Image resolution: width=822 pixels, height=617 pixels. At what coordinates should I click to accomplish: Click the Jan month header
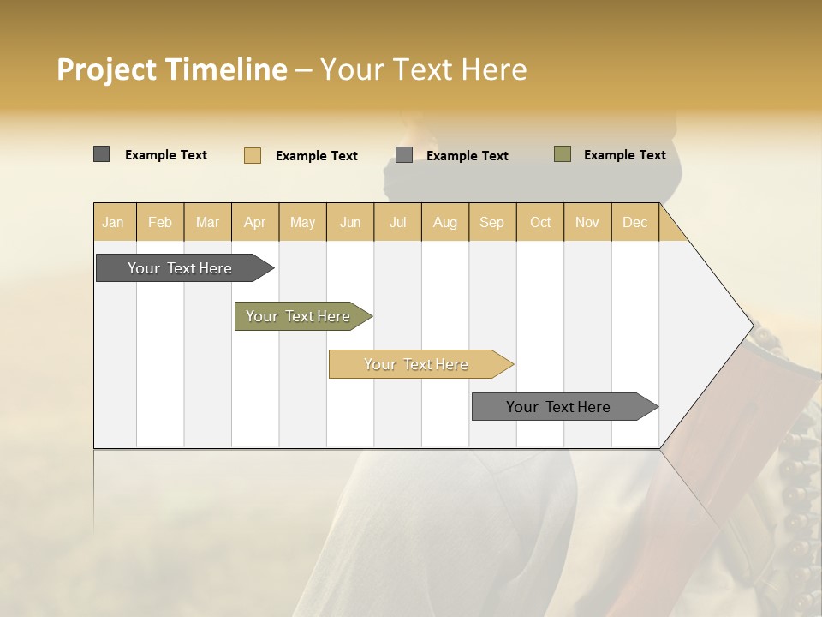[113, 222]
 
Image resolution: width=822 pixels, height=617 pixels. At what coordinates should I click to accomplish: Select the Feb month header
[160, 222]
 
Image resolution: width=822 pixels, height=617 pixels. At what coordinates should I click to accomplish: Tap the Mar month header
[207, 222]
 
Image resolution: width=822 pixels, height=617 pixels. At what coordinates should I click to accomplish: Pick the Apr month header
[254, 222]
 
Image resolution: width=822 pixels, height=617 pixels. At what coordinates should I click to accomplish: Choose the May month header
[302, 222]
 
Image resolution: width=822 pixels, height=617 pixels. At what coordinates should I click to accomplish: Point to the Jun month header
[350, 222]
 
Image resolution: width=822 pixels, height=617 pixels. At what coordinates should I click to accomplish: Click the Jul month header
[397, 222]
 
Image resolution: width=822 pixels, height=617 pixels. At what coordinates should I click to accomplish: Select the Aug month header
[445, 222]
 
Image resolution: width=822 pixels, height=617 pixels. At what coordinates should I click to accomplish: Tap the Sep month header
[491, 222]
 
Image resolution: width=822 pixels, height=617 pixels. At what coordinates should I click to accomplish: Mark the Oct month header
[540, 222]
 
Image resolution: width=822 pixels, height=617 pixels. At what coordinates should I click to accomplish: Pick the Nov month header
[587, 222]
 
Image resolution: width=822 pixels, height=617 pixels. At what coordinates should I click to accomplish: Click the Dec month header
[634, 222]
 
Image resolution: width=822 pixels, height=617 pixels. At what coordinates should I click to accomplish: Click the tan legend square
[253, 155]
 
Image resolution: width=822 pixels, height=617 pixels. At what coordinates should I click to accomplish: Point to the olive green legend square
[563, 154]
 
